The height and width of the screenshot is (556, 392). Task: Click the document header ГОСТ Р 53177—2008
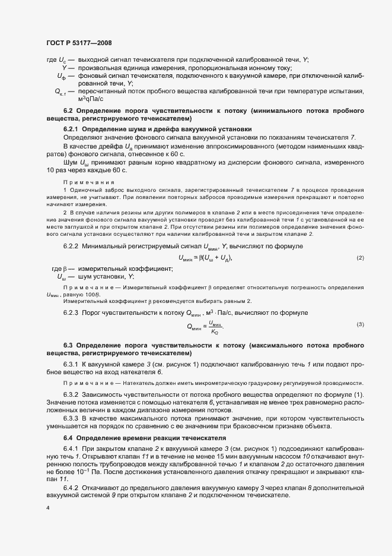click(78, 43)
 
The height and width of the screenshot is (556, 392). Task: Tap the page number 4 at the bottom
click(47, 508)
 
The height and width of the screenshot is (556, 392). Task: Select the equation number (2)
click(360, 257)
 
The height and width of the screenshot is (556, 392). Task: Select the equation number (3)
click(360, 324)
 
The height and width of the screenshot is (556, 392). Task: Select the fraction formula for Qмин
click(206, 325)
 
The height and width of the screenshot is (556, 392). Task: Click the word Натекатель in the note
click(125, 384)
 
